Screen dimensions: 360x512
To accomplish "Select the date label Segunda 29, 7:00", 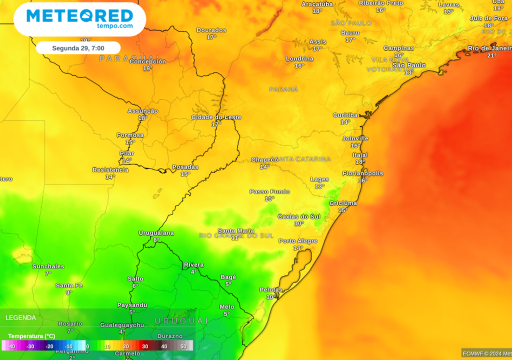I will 77,48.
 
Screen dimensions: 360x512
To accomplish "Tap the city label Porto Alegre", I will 298,241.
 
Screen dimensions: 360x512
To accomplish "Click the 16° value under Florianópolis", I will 362,180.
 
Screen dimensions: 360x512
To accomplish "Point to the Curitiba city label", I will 345,115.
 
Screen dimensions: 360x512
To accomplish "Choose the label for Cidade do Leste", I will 216,117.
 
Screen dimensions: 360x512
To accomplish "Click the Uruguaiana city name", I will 156,233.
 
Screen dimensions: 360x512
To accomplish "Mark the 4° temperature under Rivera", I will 193,272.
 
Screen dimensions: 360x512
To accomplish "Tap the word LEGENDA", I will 20,317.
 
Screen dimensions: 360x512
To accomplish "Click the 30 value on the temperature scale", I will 145,346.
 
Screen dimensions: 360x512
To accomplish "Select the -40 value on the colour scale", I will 11,346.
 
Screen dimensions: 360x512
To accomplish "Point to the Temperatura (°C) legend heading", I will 31,336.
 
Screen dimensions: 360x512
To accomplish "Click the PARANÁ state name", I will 283,89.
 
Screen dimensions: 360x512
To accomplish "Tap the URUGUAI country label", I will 181,321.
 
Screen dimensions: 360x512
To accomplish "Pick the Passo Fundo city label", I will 269,192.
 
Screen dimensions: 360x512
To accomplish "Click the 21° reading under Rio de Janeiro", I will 492,55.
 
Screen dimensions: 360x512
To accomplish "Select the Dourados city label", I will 211,30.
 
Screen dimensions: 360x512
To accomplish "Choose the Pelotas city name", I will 271,290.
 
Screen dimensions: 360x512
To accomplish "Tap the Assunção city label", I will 142,111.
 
